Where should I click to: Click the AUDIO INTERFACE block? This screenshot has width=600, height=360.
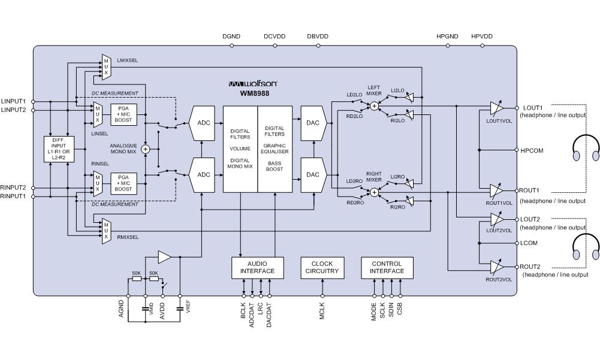[257, 267]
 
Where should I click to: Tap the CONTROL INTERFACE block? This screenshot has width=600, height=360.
[387, 267]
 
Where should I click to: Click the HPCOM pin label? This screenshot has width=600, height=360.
[532, 151]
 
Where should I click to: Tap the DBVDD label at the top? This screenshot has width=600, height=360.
[318, 37]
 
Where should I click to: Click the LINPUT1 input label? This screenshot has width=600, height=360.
[14, 101]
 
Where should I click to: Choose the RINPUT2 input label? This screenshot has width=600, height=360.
[14, 187]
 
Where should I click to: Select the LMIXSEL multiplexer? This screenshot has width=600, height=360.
[106, 67]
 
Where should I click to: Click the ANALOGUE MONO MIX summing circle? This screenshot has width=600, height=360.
[145, 148]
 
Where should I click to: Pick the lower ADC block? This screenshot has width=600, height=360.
[203, 174]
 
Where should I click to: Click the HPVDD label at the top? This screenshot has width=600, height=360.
[481, 37]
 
